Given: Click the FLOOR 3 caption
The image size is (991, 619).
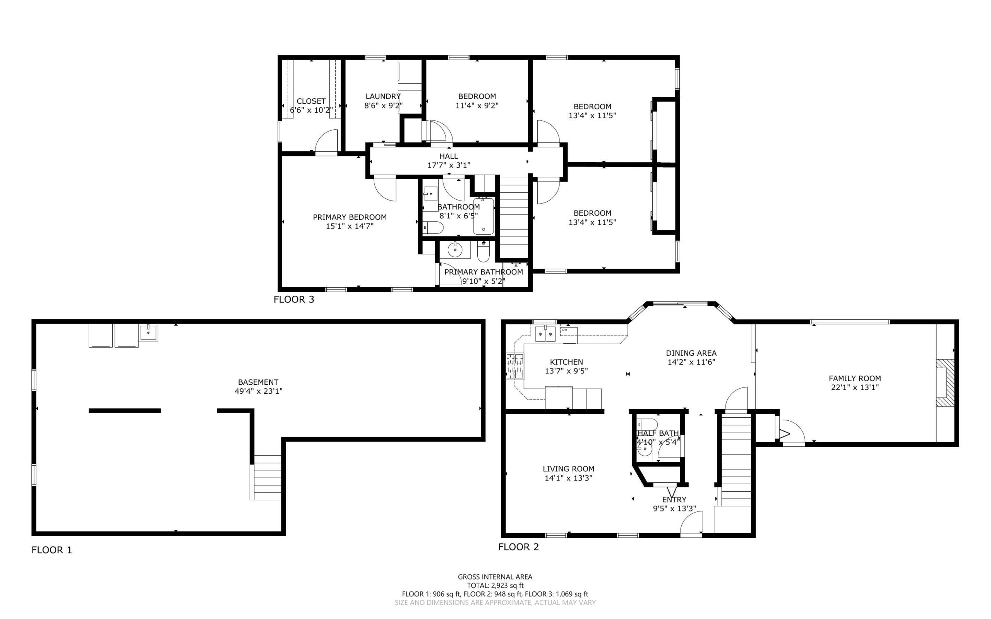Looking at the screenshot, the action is pos(293,299).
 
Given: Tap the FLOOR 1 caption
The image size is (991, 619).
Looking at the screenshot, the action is pos(51,550).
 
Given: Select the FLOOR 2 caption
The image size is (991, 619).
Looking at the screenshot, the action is pos(518,547).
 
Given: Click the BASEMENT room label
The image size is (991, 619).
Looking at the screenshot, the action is pos(258,382).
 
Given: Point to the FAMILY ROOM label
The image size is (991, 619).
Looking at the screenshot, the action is pos(855,379).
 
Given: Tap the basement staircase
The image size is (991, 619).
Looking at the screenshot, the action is pos(266,477).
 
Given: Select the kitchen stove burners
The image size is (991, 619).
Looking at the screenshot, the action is pos(515,366).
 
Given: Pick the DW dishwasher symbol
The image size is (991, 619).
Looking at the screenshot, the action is pos(569,335).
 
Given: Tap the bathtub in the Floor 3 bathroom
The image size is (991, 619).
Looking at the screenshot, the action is pos(483,216).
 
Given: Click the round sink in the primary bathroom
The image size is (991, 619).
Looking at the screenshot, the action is pos(455,249).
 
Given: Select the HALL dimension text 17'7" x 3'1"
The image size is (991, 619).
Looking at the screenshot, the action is pos(449,165).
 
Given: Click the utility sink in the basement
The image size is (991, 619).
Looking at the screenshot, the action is pos(148,333).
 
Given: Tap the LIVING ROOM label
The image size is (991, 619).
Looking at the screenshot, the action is pos(568,469).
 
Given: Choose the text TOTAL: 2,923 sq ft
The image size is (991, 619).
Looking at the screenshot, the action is pos(495,585).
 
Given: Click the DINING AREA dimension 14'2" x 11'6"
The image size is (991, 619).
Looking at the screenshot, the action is pos(691,362).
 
